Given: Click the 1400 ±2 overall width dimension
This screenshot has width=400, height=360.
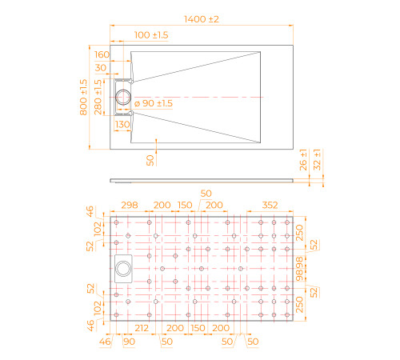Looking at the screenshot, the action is tap(202, 19).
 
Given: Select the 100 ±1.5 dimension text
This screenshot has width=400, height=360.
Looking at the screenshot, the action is tap(151, 35).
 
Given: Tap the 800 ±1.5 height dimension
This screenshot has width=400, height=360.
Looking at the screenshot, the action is tap(83, 97).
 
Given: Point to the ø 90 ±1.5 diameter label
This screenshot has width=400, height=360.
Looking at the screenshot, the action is tap(154, 103).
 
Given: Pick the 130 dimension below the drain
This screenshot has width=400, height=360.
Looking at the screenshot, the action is tap(122, 124).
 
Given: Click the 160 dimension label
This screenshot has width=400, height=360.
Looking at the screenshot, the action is tap(102, 54).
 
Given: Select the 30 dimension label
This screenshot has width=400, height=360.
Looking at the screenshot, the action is tap(101, 68).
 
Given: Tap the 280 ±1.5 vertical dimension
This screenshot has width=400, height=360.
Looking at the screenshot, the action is tap(98, 97).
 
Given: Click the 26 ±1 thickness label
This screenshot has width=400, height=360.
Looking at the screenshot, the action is tap(303, 160).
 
